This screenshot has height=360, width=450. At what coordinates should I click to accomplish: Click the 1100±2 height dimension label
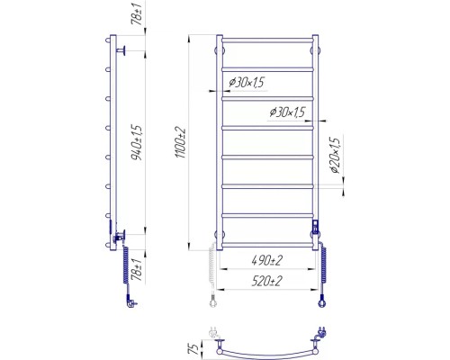click(x=181, y=143)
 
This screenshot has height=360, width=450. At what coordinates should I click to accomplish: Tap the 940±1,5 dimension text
click(x=139, y=142)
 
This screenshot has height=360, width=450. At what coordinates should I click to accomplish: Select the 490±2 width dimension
click(x=267, y=260)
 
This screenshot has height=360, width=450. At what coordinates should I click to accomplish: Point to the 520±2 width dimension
click(x=267, y=281)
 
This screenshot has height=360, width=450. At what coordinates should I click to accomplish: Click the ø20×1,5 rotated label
click(x=335, y=156)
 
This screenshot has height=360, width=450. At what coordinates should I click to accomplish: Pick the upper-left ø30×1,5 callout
click(x=247, y=82)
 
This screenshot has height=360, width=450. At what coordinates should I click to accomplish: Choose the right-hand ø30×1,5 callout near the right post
click(x=287, y=112)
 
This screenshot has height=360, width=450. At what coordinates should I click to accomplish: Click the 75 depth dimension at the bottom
click(x=194, y=348)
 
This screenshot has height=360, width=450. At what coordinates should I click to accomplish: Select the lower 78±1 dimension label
click(x=137, y=270)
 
